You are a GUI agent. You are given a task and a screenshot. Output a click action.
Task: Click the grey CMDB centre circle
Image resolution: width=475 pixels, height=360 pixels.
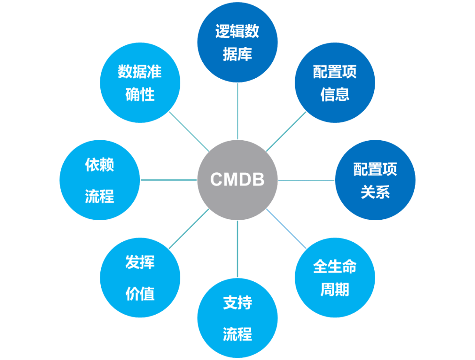point(237,180)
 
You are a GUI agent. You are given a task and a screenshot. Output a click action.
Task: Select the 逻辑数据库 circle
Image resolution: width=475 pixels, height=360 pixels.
point(237,42)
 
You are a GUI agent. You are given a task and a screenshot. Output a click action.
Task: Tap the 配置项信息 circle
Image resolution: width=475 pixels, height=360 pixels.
point(335,83)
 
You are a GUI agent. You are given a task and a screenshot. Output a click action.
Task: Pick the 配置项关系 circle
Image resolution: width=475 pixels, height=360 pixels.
point(375,180)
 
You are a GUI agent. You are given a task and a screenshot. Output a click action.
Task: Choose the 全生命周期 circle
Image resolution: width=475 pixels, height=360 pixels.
point(335,277)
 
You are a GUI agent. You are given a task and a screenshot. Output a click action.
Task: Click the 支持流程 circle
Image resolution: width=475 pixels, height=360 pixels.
point(237,318)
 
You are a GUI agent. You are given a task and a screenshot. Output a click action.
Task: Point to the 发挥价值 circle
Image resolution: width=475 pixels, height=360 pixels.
point(140,277)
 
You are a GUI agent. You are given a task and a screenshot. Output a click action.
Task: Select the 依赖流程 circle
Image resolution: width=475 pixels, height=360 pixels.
point(99,180)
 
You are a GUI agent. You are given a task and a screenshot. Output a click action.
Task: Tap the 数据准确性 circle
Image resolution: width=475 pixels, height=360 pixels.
point(140,83)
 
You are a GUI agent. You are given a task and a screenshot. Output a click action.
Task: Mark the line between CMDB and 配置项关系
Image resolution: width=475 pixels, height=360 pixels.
point(306,180)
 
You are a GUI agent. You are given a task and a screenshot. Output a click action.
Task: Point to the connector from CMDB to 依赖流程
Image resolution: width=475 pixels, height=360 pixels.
point(168,180)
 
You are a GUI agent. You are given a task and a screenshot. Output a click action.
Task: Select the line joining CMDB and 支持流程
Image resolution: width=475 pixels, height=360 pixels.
point(237,249)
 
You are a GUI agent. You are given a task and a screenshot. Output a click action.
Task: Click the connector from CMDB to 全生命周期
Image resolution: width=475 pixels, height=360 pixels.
point(286,229)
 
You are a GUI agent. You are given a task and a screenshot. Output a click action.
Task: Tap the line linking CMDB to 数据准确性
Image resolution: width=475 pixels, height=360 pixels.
point(189,131)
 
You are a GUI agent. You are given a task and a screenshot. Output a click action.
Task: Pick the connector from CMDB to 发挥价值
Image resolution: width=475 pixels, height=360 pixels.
point(189,229)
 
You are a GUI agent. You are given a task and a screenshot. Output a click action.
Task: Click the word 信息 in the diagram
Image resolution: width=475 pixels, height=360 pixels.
point(335,95)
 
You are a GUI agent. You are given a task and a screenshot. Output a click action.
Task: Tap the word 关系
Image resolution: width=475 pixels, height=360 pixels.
point(375,192)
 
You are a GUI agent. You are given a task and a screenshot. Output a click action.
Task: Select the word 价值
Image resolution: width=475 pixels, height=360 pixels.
point(140,294)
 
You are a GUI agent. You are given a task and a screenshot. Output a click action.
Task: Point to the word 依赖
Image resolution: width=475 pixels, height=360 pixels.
point(99,165)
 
